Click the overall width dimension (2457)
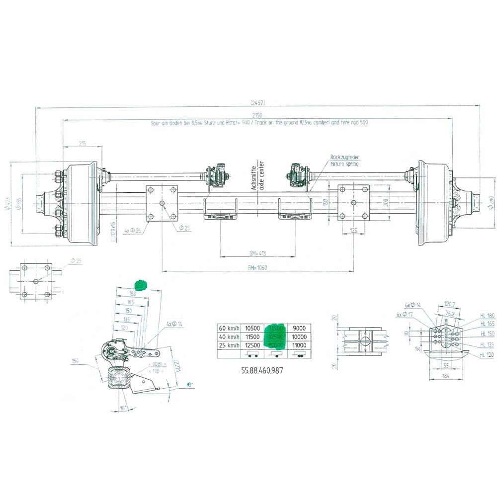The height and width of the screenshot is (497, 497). [x=257, y=103]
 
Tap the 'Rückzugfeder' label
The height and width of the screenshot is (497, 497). [x=344, y=158]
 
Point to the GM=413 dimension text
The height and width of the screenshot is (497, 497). [x=257, y=253]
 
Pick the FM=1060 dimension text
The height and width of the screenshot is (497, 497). [x=257, y=267]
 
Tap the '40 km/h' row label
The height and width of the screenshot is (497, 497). [x=229, y=336]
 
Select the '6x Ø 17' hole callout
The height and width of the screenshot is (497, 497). [x=404, y=314]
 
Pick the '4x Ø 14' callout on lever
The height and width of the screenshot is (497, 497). [x=174, y=324]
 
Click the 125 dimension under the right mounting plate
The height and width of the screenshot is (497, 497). [x=354, y=230]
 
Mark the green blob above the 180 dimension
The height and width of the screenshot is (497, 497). [x=141, y=285]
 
